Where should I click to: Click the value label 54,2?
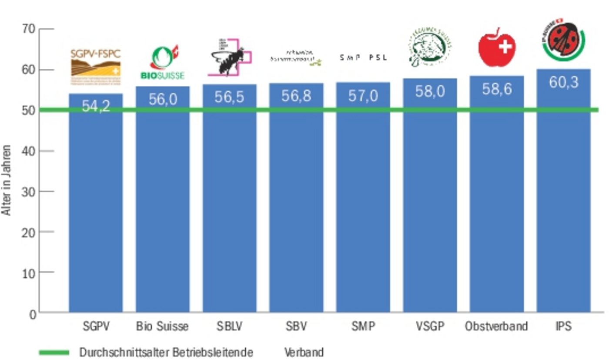pos(96,106)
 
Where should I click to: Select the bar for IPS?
pos(563,196)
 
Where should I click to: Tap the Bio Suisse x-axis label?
pos(162,326)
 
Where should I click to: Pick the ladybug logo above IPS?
pos(563,41)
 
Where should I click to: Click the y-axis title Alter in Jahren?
pos(7,180)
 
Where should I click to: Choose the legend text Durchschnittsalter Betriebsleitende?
pos(166,352)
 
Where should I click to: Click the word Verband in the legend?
pos(304,352)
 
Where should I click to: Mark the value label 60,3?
pos(563,82)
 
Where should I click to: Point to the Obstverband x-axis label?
pos(496,326)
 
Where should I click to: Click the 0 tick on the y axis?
pos(33,313)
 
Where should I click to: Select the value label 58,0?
pos(430,91)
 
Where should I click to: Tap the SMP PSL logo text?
pos(363,57)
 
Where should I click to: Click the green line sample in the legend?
pos(54,352)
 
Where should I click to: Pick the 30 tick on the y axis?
pos(28,192)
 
